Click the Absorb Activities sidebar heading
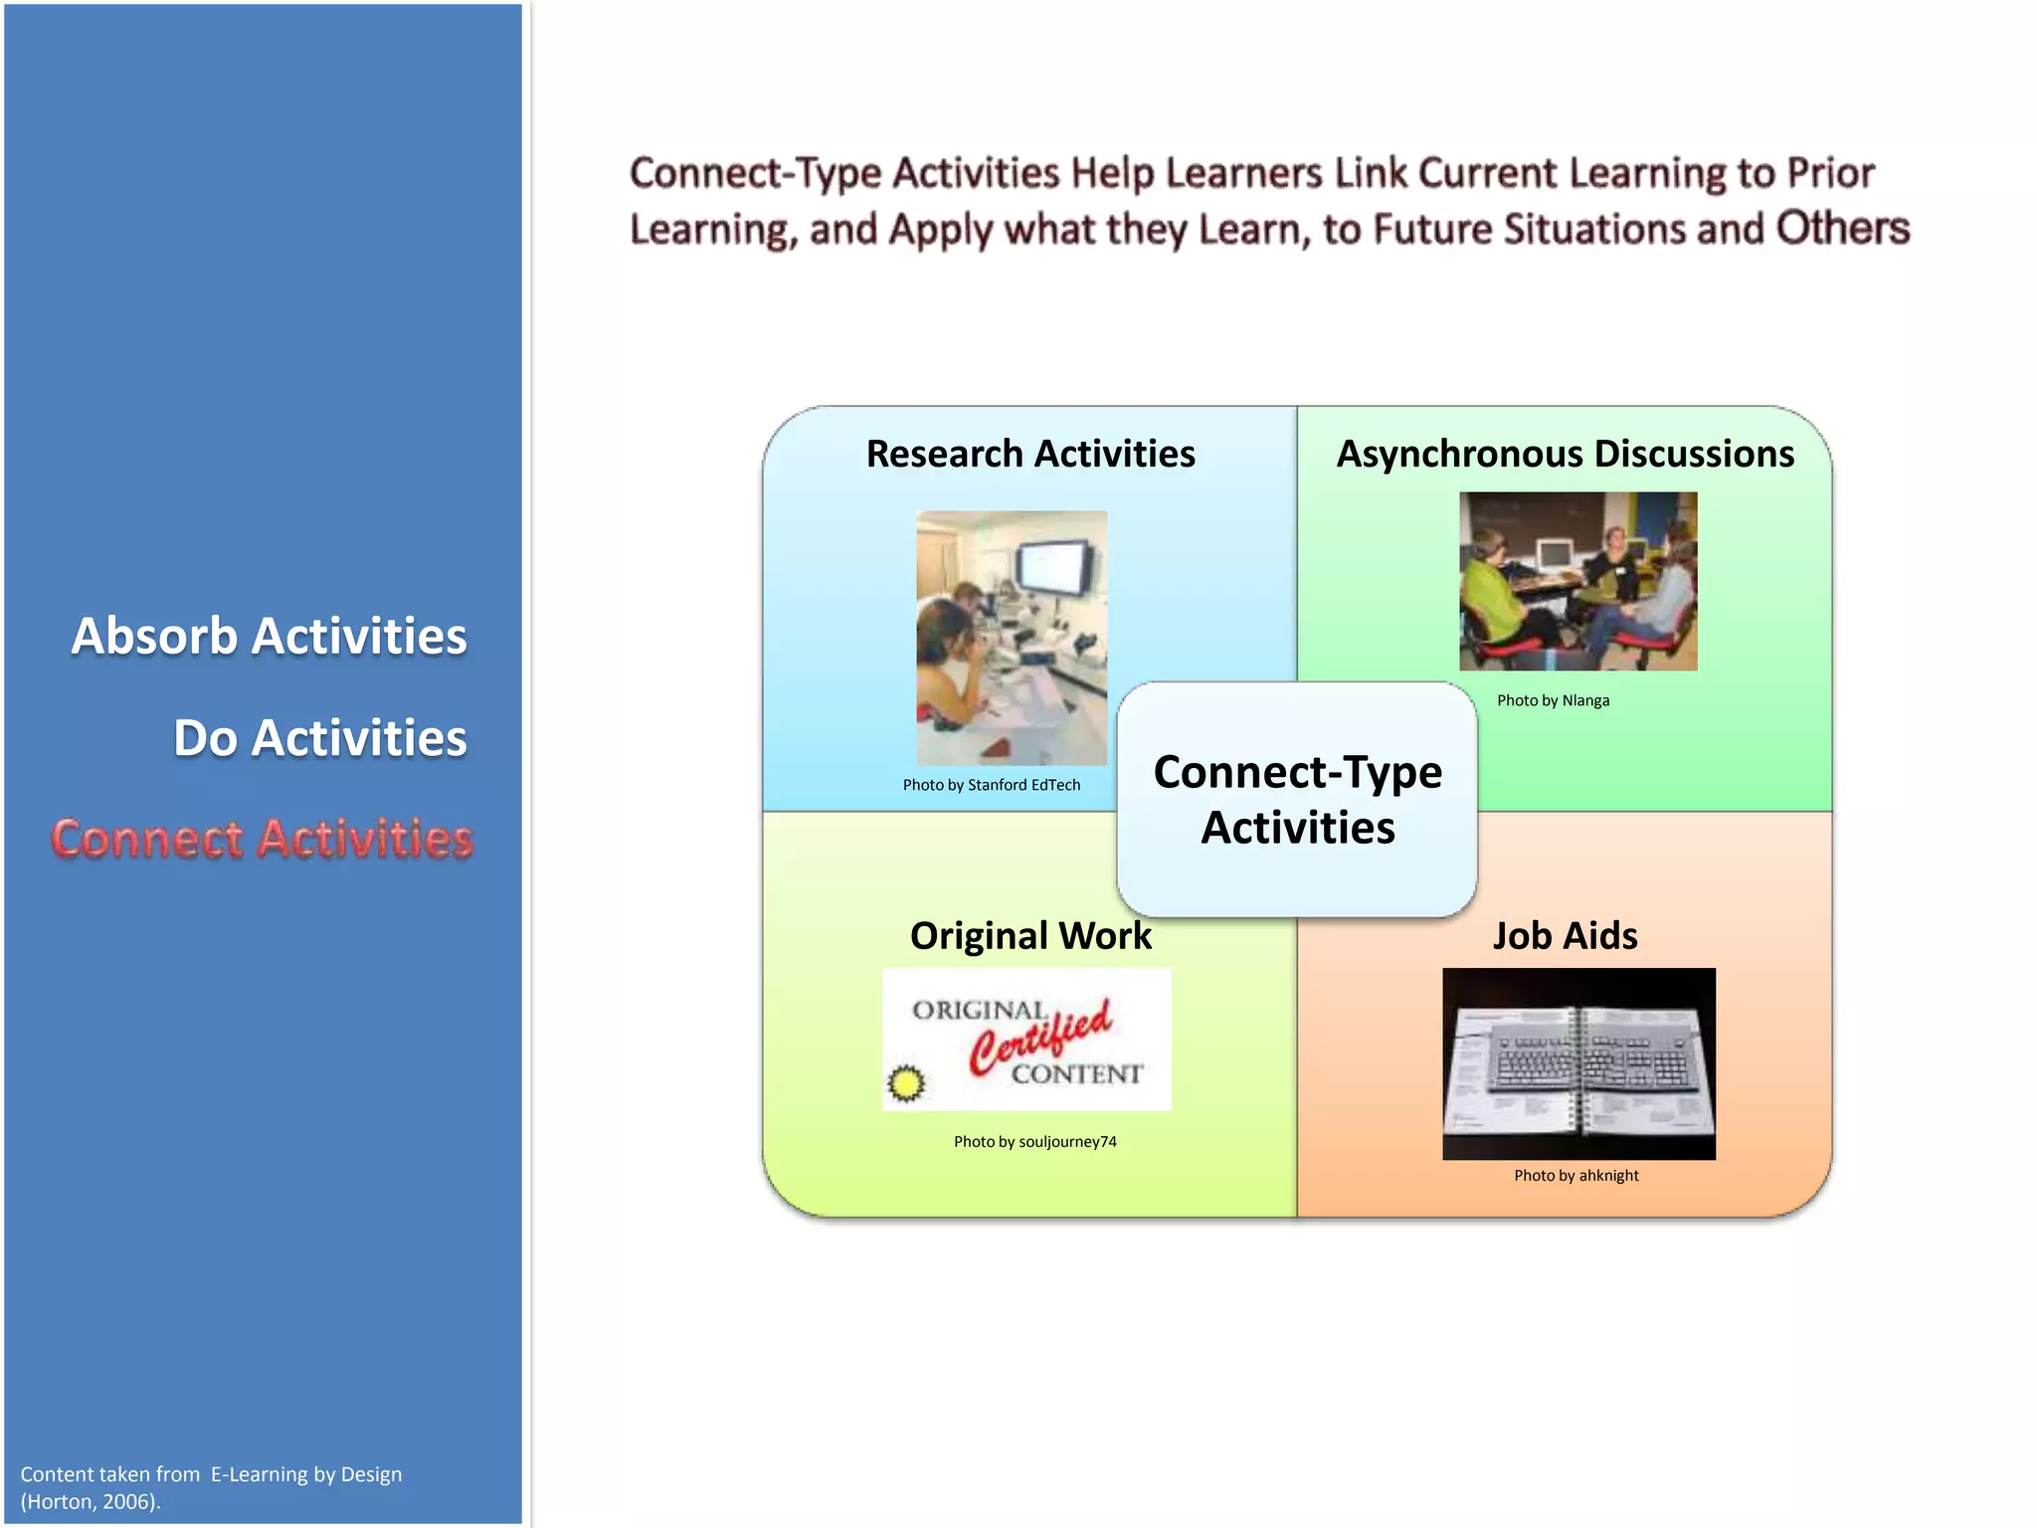[269, 637]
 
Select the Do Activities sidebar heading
[319, 738]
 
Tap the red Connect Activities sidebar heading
[262, 839]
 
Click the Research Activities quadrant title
[1030, 454]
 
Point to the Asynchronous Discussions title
[1565, 454]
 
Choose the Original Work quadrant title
[1030, 936]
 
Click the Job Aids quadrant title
[1565, 936]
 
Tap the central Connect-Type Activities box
[1297, 799]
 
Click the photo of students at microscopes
[1011, 638]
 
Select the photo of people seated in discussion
[1577, 581]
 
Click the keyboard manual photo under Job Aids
[1578, 1063]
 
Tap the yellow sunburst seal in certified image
[905, 1083]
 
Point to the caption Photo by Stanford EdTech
[991, 785]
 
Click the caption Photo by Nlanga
[1553, 700]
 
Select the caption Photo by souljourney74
[1034, 1142]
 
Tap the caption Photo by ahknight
[1575, 1176]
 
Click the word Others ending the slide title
[1842, 229]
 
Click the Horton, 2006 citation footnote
[90, 1502]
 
